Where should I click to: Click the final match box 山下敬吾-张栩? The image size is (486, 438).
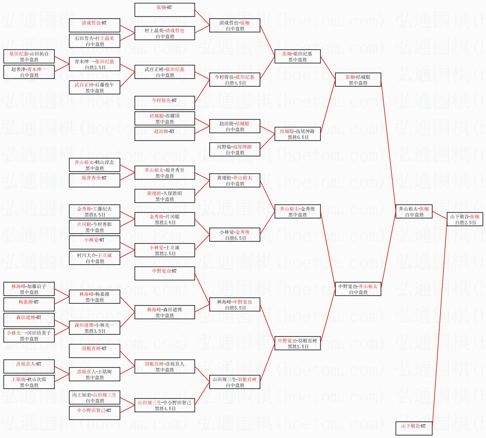[x=465, y=219]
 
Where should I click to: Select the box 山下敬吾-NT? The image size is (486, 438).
[x=414, y=428]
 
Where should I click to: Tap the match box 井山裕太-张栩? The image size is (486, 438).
[x=414, y=212]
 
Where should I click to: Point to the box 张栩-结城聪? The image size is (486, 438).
[x=358, y=80]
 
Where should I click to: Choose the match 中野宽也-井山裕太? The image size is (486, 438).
[x=358, y=289]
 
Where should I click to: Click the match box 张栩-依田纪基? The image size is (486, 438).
[x=297, y=57]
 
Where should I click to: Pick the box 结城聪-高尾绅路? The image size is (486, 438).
[x=297, y=134]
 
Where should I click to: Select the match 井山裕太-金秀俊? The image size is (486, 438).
[x=297, y=212]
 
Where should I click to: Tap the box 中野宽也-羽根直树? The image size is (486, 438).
[x=297, y=343]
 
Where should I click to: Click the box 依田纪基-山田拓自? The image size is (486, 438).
[x=29, y=57]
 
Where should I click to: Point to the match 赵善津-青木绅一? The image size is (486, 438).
[x=29, y=72]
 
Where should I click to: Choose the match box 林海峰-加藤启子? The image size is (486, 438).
[x=29, y=289]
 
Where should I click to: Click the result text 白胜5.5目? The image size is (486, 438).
[x=236, y=308]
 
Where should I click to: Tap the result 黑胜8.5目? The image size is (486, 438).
[x=95, y=215]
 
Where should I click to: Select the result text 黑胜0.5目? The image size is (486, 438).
[x=298, y=137]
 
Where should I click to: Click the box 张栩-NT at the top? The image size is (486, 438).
[x=165, y=10]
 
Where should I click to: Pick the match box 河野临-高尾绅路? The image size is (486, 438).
[x=235, y=150]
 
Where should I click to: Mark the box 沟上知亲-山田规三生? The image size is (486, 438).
[x=95, y=398]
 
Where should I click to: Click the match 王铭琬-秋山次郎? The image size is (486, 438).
[x=29, y=382]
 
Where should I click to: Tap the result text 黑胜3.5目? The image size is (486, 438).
[x=95, y=331]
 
